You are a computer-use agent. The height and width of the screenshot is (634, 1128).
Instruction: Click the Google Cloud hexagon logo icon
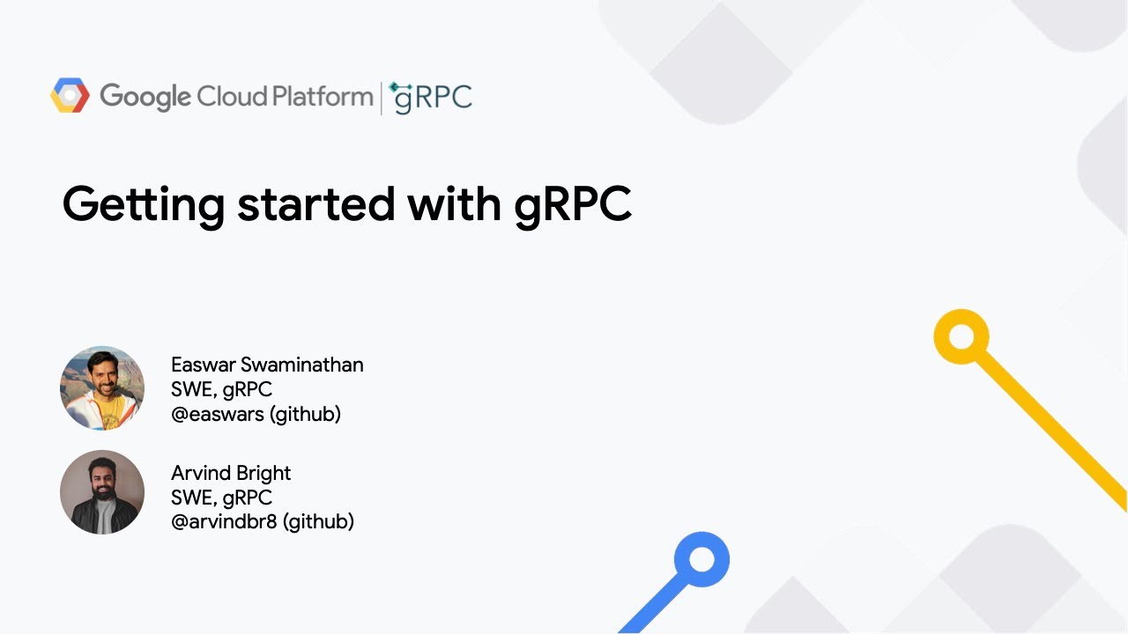pyautogui.click(x=70, y=96)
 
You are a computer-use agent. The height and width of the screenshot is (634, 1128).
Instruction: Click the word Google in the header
pyautogui.click(x=145, y=97)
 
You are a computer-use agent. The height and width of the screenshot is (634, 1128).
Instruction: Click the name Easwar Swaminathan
pyautogui.click(x=267, y=365)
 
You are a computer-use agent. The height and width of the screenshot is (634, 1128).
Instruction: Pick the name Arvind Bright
pyautogui.click(x=231, y=473)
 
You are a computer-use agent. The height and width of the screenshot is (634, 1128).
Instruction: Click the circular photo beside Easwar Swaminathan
pyautogui.click(x=102, y=388)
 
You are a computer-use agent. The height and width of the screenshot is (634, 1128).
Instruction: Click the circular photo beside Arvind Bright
pyautogui.click(x=102, y=492)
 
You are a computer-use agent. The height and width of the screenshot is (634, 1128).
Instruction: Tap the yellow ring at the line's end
pyautogui.click(x=961, y=336)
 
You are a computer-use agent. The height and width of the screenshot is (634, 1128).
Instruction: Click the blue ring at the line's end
pyautogui.click(x=701, y=559)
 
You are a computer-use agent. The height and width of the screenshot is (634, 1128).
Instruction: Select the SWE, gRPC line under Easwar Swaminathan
pyautogui.click(x=221, y=389)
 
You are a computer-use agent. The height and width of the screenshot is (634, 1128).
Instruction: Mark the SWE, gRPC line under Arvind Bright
pyautogui.click(x=221, y=498)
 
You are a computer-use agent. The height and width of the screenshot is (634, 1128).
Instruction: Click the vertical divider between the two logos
pyautogui.click(x=382, y=98)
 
